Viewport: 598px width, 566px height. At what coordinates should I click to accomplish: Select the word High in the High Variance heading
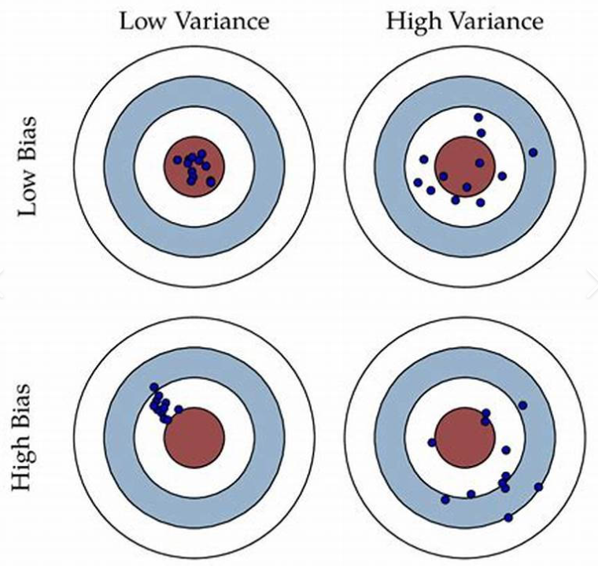412,20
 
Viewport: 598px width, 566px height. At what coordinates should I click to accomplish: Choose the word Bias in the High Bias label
29,405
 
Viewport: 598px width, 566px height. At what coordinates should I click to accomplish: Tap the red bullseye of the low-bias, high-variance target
465,166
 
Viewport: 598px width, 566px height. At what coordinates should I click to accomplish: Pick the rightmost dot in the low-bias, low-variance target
211,181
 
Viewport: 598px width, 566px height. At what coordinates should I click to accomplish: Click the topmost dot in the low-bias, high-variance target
478,117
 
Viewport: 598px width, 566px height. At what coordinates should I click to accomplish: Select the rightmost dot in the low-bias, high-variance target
533,152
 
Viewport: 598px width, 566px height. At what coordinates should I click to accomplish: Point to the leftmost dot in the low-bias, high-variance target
419,182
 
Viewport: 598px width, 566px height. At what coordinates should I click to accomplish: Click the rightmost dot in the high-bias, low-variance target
179,409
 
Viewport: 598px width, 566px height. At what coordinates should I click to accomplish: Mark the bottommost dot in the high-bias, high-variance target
508,517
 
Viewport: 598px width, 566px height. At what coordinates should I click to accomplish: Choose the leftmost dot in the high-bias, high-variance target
432,442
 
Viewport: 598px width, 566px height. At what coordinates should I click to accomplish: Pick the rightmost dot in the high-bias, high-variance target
539,487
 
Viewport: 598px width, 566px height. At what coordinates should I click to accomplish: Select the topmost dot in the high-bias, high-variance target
522,405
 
